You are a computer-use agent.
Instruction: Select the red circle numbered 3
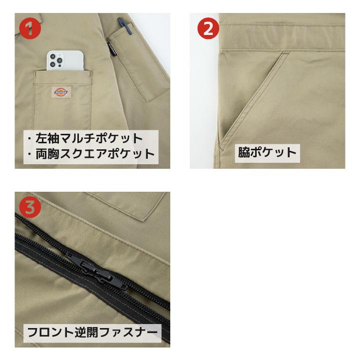tap(30, 207)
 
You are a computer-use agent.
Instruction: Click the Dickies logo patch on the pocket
tap(62, 92)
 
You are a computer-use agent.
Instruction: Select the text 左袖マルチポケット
tap(88, 138)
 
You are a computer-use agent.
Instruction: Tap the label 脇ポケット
tap(268, 152)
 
